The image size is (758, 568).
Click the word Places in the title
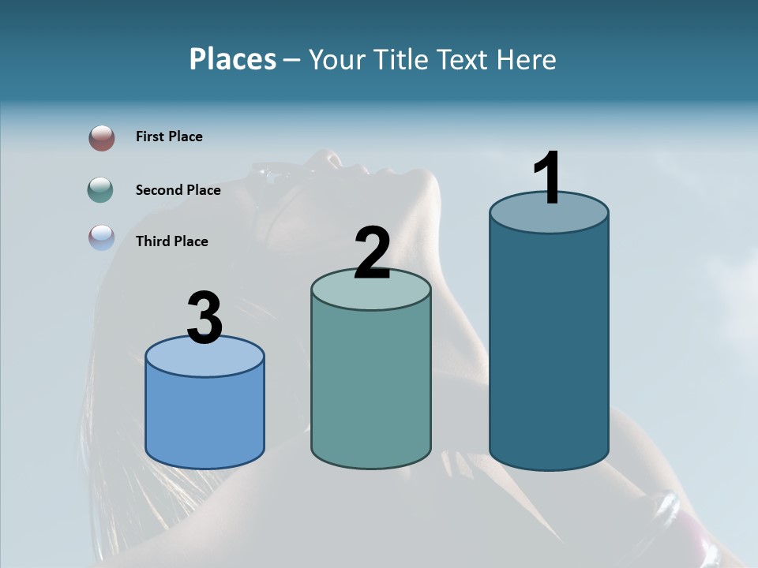233,59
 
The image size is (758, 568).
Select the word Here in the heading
527,59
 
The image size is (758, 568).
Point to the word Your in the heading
337,59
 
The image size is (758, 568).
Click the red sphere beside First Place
102,138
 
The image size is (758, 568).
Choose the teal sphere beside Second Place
101,189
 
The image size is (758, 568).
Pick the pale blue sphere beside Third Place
102,237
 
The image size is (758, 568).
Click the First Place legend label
169,136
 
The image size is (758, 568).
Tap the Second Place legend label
178,189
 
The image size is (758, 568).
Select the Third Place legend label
171,241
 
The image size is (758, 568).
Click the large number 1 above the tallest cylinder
548,179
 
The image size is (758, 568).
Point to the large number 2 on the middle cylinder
373,253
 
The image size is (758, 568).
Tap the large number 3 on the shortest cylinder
205,318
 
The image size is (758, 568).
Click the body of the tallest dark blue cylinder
549,347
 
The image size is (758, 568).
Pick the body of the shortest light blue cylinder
205,418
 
